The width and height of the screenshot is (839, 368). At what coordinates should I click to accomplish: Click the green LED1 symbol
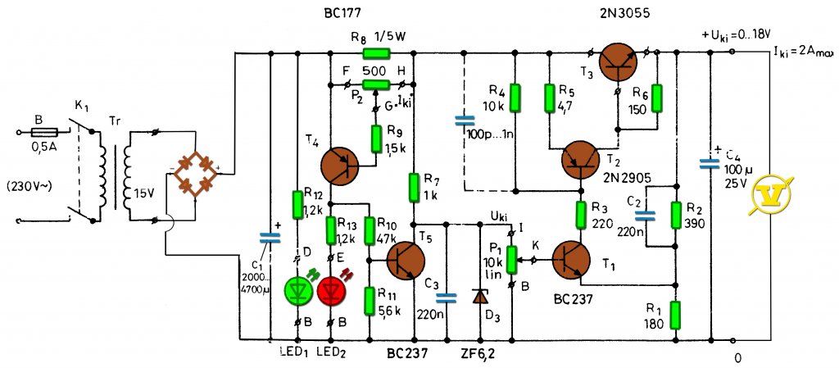(x=298, y=291)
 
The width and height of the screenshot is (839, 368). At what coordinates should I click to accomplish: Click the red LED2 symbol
(x=332, y=291)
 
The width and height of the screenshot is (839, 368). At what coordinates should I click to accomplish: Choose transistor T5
(x=406, y=260)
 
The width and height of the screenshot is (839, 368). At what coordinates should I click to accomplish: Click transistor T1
(x=571, y=260)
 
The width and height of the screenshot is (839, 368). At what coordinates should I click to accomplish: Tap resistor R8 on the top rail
(x=377, y=53)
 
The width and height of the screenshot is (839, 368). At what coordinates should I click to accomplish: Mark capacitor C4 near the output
(x=710, y=164)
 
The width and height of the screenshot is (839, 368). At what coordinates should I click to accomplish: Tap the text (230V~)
(x=29, y=189)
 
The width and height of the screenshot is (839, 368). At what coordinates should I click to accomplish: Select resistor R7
(x=413, y=187)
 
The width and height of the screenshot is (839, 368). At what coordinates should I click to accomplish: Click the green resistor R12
(x=298, y=205)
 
